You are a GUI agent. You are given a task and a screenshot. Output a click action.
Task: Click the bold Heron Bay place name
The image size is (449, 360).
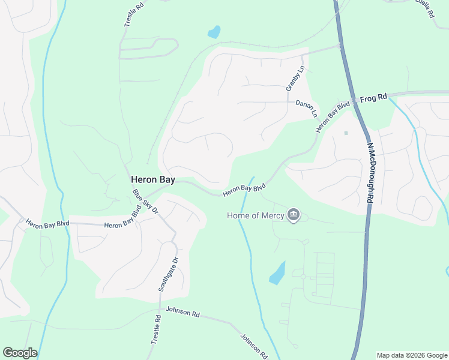click(153, 179)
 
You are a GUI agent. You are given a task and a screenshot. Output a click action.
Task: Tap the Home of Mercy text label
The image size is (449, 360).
click(256, 215)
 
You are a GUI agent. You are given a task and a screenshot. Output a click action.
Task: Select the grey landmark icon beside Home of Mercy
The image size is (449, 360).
click(294, 215)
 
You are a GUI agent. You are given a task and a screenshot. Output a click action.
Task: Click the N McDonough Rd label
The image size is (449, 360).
click(370, 172)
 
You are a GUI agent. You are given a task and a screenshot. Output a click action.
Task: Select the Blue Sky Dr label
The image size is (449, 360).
click(145, 202)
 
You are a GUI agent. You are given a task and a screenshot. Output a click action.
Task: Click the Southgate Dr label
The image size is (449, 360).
click(168, 274)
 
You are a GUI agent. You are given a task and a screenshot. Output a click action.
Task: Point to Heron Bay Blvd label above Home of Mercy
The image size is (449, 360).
click(244, 190)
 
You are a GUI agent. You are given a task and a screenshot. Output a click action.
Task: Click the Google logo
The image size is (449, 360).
click(19, 353)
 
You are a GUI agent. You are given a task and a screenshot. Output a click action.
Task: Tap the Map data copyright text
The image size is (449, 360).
click(412, 355)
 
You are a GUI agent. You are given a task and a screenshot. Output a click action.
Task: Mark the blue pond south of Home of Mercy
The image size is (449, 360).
click(277, 274)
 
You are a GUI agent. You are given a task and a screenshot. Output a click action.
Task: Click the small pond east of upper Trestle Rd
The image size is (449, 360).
click(214, 32)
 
